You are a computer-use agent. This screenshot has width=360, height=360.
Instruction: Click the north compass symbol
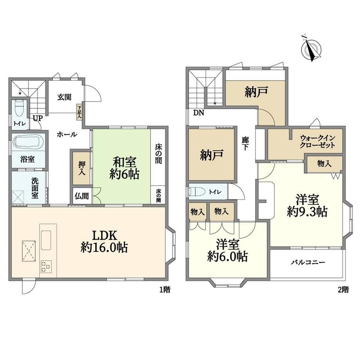point(311,49)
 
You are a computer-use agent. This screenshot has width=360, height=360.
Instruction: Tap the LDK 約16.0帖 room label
point(104,241)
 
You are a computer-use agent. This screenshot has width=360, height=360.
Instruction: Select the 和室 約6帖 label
point(124,168)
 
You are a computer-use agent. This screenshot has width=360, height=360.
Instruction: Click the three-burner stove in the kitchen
point(46,266)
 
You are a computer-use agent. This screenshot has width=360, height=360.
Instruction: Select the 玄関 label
point(64,97)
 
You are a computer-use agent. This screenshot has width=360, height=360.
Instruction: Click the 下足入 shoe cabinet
point(79,112)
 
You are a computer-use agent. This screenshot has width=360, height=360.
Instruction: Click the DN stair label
point(199,113)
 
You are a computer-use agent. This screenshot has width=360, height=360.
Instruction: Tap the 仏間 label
point(81,196)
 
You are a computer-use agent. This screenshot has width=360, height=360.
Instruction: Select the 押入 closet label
point(82,168)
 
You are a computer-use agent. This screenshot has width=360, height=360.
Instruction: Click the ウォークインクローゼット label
point(317,142)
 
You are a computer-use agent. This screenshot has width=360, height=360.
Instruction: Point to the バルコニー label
point(308,263)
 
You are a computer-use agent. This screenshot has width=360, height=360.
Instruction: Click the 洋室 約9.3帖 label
point(307,206)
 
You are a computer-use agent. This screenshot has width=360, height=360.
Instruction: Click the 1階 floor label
point(165,290)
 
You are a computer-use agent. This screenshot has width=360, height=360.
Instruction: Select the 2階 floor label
point(343,290)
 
